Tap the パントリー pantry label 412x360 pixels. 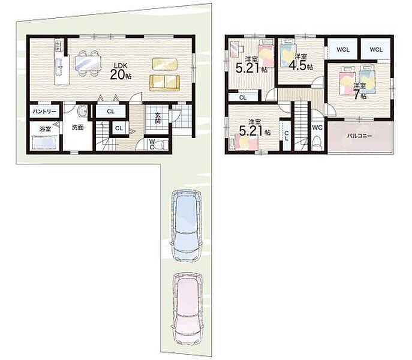point(44,112)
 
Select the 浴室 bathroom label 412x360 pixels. point(45,129)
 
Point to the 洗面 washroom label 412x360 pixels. point(78,127)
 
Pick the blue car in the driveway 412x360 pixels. point(186,226)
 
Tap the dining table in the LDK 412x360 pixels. point(88,64)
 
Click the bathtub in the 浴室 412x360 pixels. point(44,143)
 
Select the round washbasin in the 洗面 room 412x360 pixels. point(83,112)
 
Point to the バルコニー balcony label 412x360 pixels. point(359,136)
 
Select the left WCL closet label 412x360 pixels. point(343,49)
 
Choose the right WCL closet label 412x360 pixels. point(376,49)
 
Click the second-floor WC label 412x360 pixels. point(317,128)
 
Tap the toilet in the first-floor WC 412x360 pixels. point(161,145)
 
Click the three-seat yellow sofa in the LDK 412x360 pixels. point(165,83)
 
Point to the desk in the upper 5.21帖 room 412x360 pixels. point(234,49)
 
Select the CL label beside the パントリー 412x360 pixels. point(110,112)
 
